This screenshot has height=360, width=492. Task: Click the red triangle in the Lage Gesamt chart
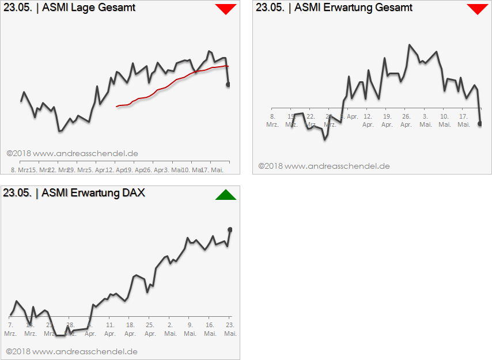226,9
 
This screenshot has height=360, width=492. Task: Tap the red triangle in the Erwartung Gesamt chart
477,9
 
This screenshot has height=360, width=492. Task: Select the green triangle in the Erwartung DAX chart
226,195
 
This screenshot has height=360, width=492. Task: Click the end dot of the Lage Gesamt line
228,85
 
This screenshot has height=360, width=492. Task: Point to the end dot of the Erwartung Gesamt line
480,123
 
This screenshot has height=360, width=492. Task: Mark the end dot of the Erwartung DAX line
230,229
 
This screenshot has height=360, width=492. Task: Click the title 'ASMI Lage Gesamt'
89,7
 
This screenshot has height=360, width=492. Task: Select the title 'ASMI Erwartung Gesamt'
353,7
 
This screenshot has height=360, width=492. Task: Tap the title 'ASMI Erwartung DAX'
93,193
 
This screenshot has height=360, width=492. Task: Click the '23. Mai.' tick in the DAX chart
230,329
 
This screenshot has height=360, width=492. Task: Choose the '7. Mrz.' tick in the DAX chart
10,329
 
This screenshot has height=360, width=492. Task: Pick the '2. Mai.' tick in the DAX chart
170,329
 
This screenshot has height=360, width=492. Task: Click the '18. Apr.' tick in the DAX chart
130,329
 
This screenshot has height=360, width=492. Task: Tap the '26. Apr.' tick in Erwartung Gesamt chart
406,120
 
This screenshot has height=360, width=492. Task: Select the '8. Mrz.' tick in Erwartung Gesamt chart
273,120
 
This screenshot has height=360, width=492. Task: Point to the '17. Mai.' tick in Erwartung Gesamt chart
463,120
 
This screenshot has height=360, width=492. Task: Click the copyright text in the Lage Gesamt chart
72,154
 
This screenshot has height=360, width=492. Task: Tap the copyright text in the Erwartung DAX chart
72,351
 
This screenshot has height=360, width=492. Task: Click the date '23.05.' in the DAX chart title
17,193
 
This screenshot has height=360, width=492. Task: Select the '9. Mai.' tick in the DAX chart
190,329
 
